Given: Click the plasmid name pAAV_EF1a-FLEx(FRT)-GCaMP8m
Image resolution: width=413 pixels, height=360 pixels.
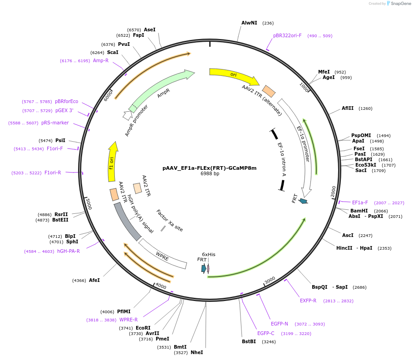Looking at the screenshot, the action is tap(209, 168).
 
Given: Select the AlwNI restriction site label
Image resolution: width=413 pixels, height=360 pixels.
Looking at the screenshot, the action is tap(249, 23).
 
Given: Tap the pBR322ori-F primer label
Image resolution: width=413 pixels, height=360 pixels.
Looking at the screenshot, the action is tap(287, 35).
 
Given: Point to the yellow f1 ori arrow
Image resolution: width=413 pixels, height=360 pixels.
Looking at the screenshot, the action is tap(113, 162).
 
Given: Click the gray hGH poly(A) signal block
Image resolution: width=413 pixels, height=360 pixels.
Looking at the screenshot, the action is tap(127, 222).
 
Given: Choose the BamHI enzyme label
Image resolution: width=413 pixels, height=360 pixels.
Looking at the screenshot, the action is tap(359, 211).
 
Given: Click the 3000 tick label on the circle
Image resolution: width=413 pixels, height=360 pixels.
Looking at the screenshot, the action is tap(270, 280).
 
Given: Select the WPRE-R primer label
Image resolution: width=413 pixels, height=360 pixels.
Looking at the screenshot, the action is tap(128, 320).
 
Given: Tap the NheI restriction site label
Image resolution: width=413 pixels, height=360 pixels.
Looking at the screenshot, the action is tap(197, 352).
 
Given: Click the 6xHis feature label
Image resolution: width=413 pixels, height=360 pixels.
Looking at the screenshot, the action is tap(209, 255).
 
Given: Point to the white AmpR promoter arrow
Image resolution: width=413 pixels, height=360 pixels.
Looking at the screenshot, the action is tap(127, 115).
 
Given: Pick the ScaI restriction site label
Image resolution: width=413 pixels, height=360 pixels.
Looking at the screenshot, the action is tap(113, 53).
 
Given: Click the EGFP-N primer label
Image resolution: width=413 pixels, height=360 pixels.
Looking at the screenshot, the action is tap(280, 324).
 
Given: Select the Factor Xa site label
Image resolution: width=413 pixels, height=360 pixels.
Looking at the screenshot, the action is tap(170, 220).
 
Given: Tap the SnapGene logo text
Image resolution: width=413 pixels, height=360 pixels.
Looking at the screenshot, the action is tap(401, 4).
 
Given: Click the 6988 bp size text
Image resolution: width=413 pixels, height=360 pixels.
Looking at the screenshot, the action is tap(210, 174).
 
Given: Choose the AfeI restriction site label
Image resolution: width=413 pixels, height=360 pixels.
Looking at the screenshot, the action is tap(94, 281).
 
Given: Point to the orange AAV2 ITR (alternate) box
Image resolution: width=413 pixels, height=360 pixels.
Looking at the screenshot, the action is tap(269, 91).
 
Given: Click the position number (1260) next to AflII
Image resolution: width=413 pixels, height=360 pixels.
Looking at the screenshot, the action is tap(365, 108).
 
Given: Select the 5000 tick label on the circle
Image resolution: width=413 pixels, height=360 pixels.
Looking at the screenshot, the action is tap(89, 204).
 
